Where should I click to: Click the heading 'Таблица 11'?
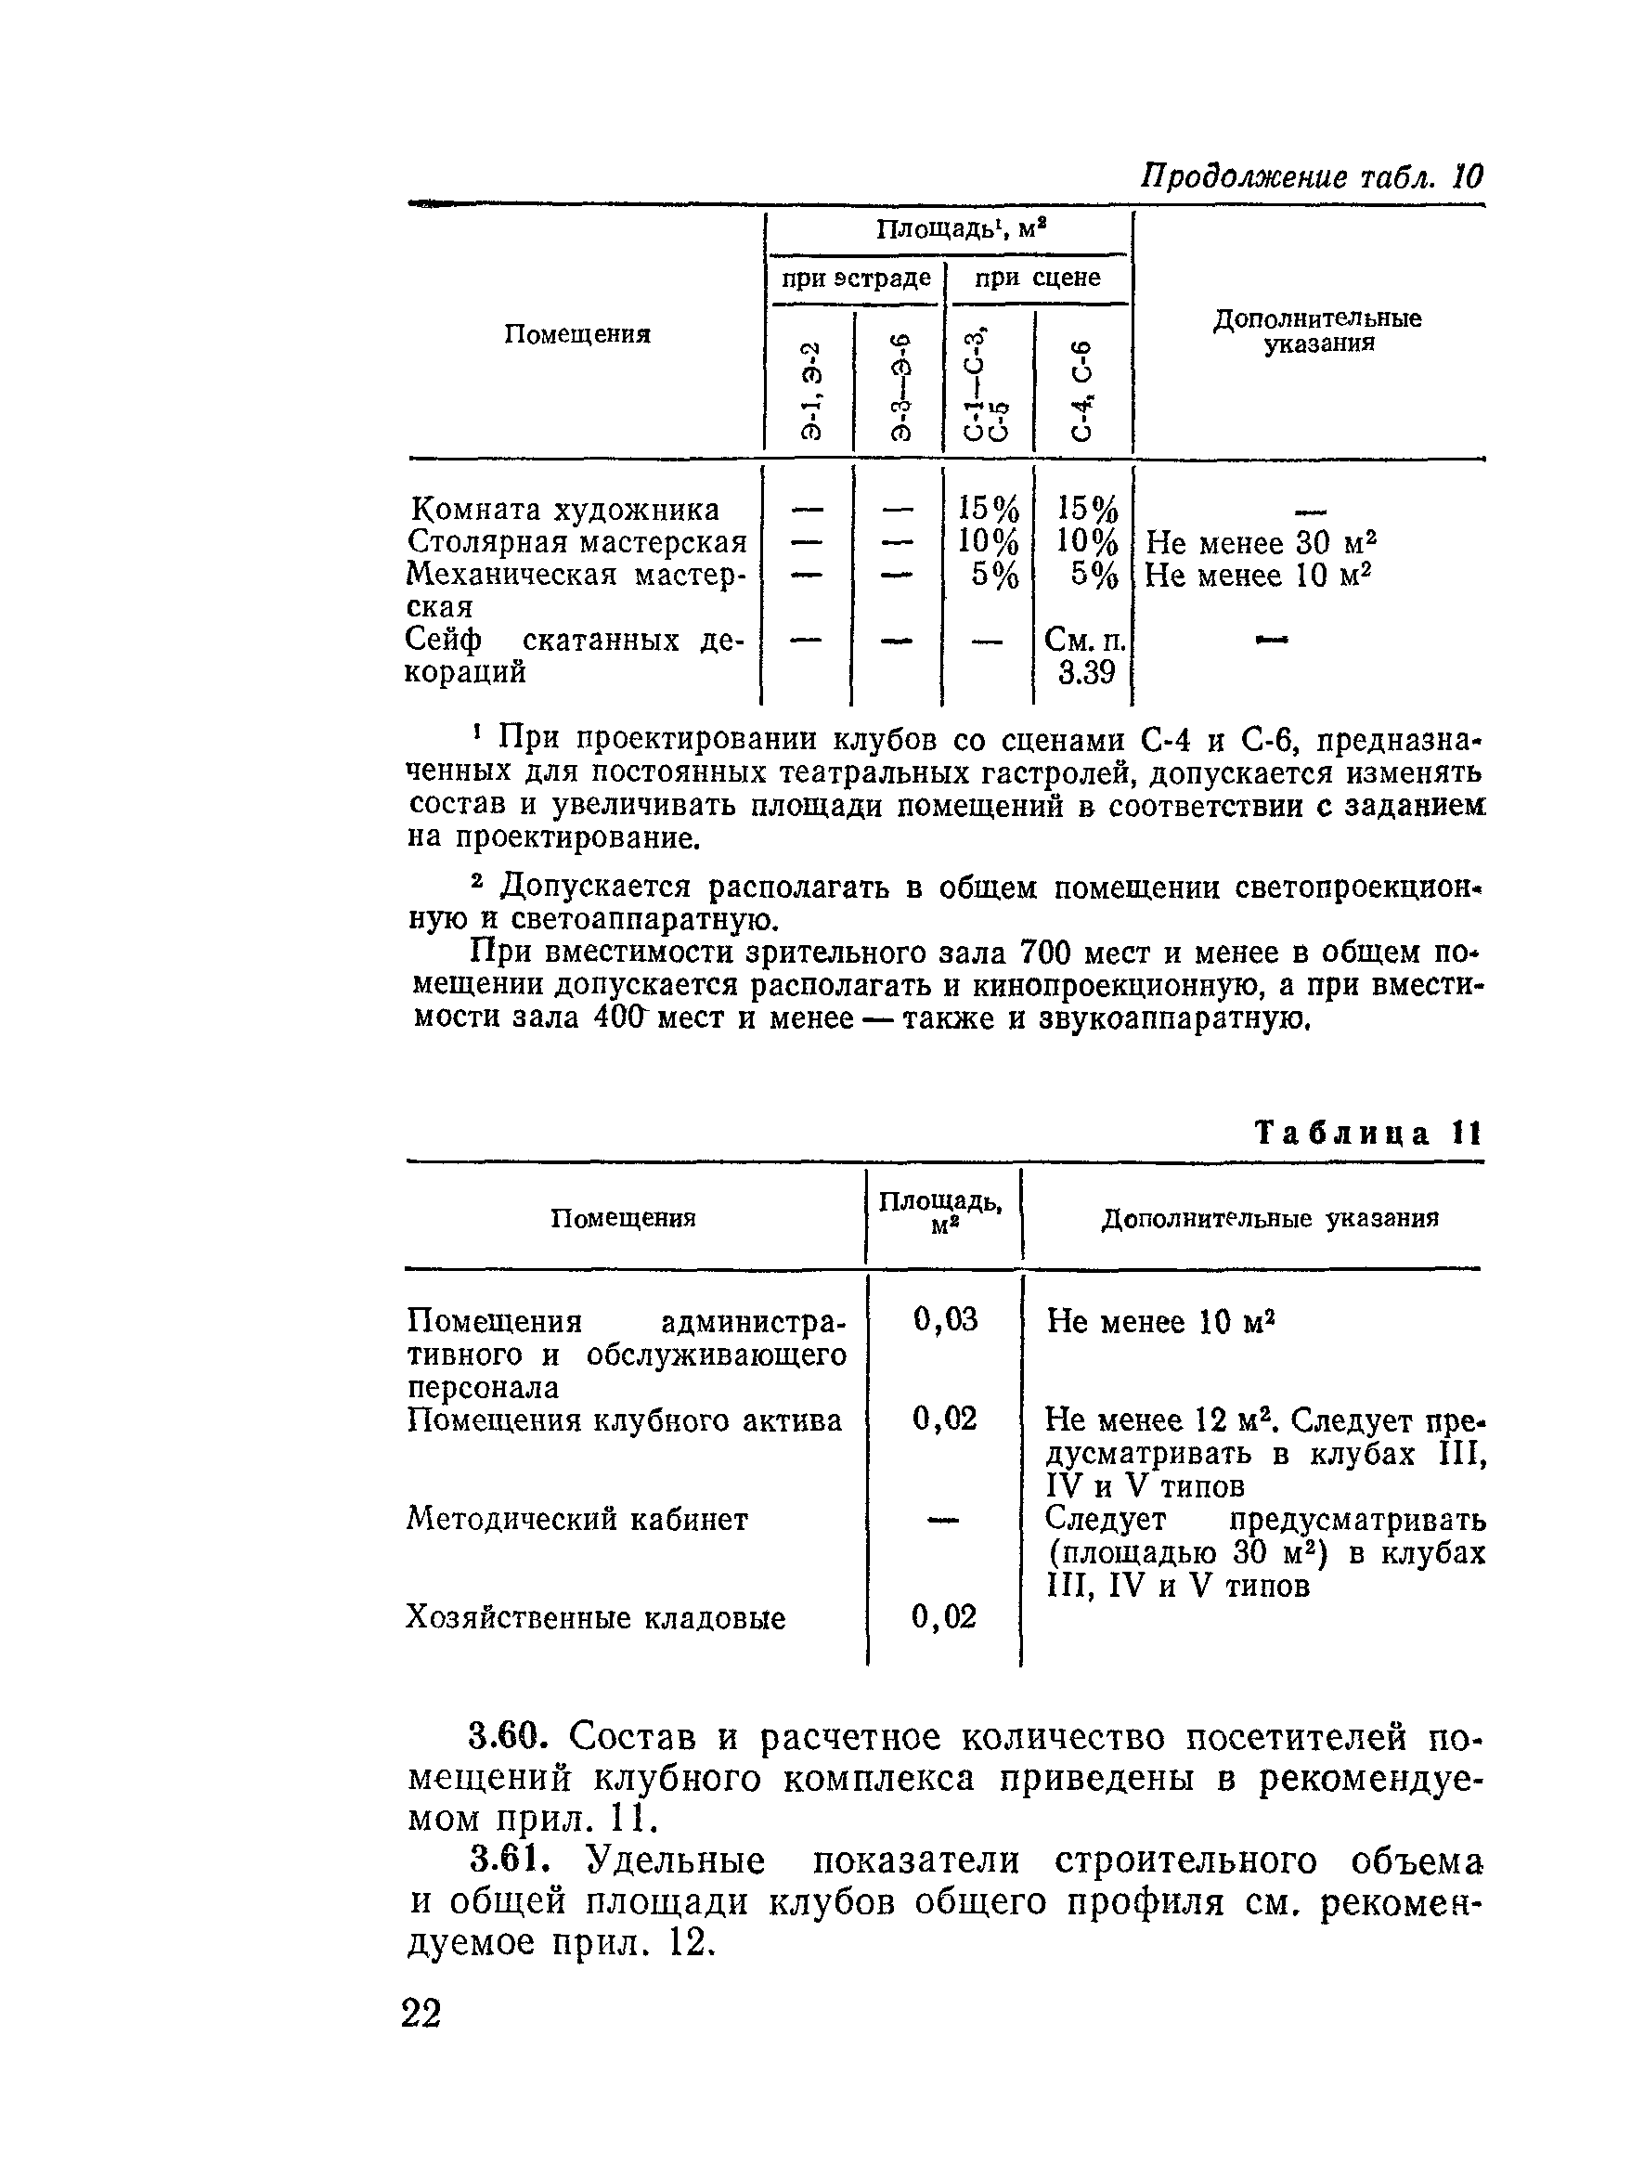click(x=1367, y=1134)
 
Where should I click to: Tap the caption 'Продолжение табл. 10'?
click(x=1310, y=177)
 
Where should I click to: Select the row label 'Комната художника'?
click(x=564, y=510)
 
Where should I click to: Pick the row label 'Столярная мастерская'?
click(x=576, y=542)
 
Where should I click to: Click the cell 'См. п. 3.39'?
click(x=1085, y=656)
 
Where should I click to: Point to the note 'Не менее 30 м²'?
click(x=1260, y=543)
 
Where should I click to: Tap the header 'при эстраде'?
click(x=856, y=279)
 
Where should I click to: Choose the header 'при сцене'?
click(x=1038, y=279)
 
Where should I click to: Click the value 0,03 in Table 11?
click(x=945, y=1319)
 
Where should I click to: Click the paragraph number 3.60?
click(x=507, y=1736)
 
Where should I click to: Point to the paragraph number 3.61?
click(x=507, y=1860)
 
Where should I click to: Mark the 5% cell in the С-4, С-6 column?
click(x=1094, y=576)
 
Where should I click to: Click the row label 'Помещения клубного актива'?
click(x=624, y=1420)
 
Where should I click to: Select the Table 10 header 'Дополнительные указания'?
click(x=1317, y=331)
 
